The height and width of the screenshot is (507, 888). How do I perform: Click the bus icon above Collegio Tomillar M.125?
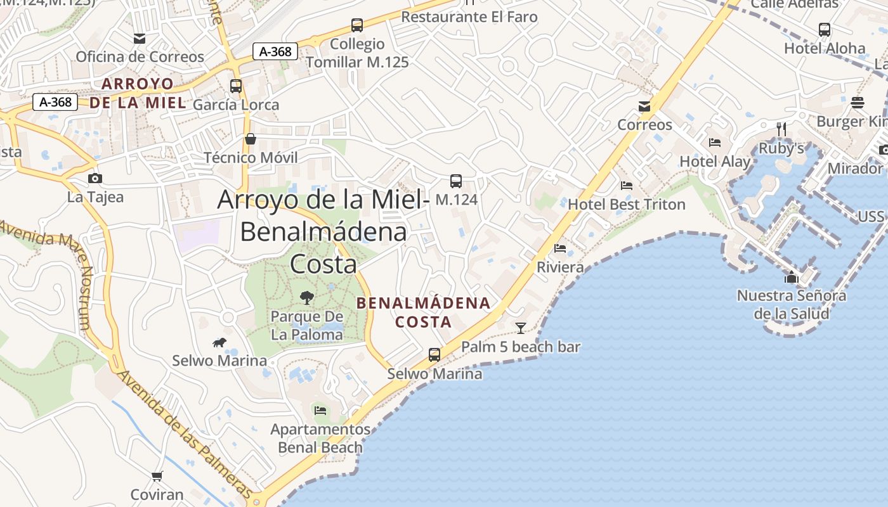coord(357,25)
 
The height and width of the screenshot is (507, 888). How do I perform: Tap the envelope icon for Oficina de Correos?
coord(140,39)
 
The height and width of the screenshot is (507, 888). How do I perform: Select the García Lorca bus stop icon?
coord(236,86)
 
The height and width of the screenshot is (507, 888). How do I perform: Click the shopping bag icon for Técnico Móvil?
coord(251,139)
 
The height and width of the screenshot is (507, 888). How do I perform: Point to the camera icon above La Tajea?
coord(95,178)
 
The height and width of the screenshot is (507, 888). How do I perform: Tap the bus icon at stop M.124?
coord(456,181)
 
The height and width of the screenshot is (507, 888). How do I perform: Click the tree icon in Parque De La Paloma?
coord(307,297)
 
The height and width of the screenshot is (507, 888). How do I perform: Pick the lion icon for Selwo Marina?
coord(219,343)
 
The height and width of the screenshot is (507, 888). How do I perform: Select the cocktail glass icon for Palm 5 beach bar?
coord(521,328)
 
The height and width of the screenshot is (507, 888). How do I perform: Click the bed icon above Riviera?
coord(560,248)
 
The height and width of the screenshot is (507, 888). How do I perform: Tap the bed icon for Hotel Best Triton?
coord(627,186)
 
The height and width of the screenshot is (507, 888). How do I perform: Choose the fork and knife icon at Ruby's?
coord(781,129)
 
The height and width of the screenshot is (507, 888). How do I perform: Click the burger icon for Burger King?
coord(858,102)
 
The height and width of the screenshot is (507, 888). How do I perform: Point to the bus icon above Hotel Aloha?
coord(825,29)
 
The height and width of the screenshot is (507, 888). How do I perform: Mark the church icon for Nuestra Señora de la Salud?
coord(792,277)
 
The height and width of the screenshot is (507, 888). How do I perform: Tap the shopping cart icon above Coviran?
coord(157,475)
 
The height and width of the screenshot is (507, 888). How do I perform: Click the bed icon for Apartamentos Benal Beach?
coord(320,411)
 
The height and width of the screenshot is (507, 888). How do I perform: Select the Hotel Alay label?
coord(715,162)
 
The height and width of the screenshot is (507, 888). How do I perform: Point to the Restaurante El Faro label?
coord(469,17)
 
